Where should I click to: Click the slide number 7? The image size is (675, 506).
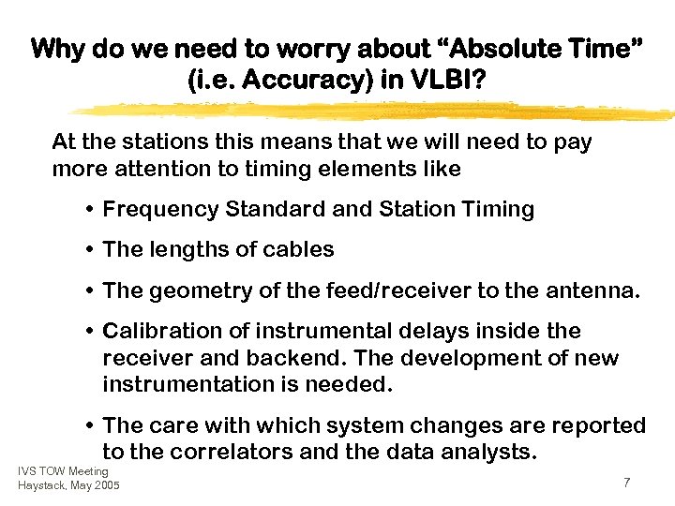[x=626, y=482]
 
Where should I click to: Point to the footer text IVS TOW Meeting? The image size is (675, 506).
[x=63, y=470]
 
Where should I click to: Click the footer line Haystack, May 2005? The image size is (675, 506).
[x=68, y=485]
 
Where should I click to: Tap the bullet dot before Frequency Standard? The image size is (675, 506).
[x=89, y=210]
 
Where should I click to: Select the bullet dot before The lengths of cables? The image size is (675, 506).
[x=89, y=250]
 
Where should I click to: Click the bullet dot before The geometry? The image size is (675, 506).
[x=89, y=291]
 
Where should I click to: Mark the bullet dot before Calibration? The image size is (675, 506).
[x=89, y=332]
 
